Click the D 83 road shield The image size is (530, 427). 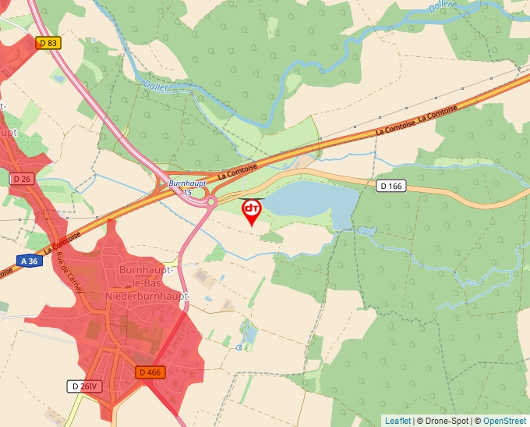[x=48, y=43]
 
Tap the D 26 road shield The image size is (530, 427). [x=21, y=179]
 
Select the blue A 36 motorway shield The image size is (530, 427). [x=30, y=262]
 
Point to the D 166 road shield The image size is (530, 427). [x=392, y=186]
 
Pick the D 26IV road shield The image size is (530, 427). [x=85, y=386]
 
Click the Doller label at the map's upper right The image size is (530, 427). [x=441, y=5]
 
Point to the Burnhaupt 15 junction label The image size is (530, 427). [x=185, y=187]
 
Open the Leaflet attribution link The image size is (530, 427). [x=397, y=421]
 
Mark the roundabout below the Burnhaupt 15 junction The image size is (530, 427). [x=210, y=202]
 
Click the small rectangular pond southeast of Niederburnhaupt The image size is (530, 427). [x=250, y=335]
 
